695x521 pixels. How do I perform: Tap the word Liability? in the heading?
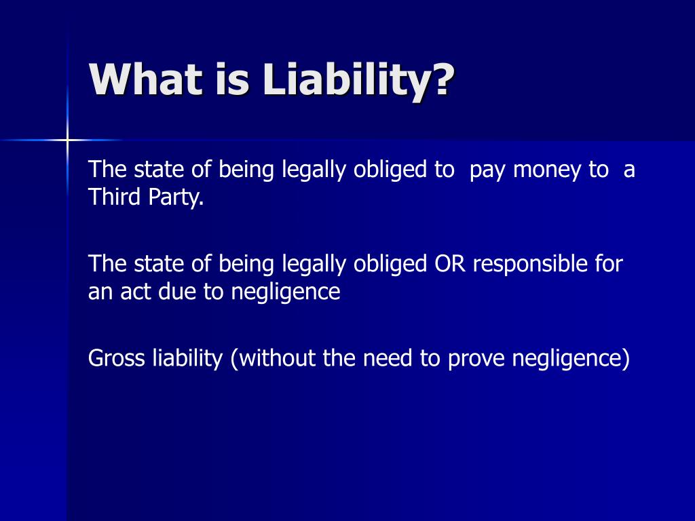357,81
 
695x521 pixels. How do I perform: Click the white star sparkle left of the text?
67,140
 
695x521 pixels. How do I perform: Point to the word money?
546,170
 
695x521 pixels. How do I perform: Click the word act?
138,292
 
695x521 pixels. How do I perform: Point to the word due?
179,292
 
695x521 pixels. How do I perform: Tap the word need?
389,358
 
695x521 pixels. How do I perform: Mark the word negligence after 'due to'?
286,292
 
